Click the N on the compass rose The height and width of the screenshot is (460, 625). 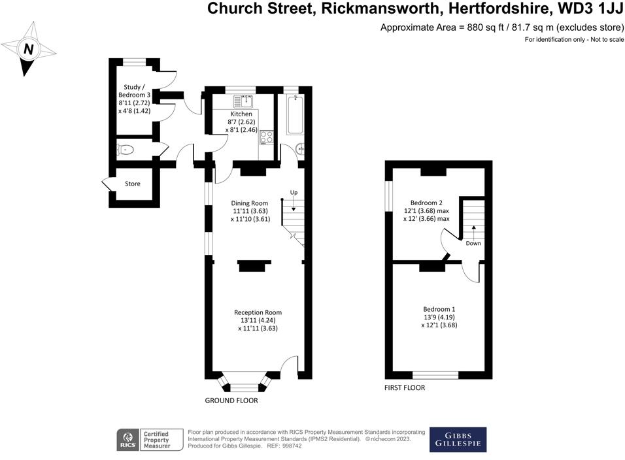point(29,49)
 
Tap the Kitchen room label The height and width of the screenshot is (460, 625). point(241,114)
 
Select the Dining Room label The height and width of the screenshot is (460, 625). point(250,203)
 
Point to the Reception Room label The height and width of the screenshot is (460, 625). point(260,312)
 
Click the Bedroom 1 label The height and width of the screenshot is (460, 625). point(439,309)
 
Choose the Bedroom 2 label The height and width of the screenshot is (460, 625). point(426,203)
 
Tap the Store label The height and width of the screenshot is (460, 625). point(133,184)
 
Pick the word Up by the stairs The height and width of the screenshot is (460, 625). point(294,193)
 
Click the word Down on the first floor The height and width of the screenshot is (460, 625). point(473,244)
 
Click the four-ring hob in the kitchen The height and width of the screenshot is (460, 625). point(267,137)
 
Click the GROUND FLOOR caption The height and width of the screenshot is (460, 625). point(231,401)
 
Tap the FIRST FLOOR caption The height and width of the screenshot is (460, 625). point(404,387)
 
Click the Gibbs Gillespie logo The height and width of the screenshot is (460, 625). point(458,440)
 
